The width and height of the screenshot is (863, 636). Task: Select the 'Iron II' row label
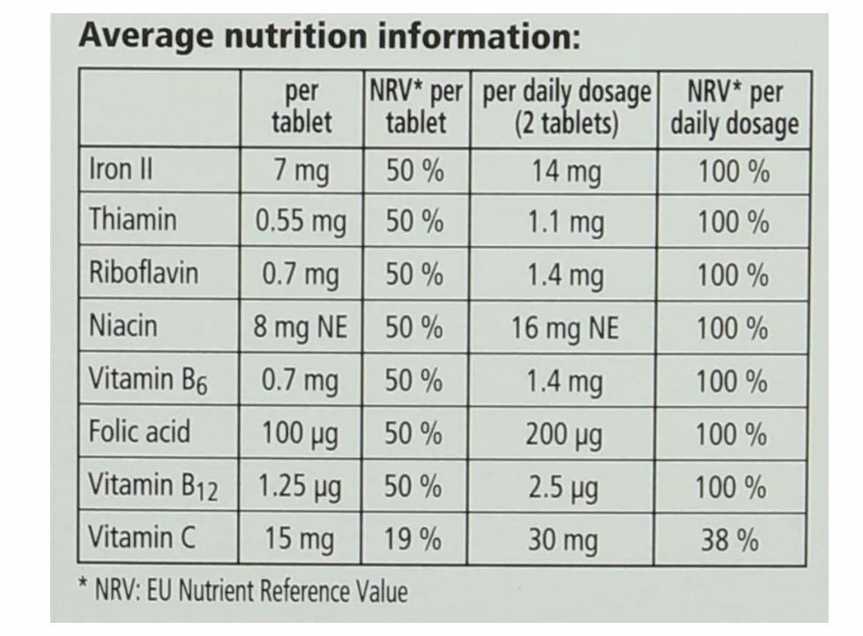point(121,169)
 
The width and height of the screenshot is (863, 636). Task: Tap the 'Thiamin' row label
point(132,220)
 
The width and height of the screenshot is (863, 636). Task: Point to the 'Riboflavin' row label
point(144,273)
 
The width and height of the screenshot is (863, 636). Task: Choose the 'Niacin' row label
point(123,326)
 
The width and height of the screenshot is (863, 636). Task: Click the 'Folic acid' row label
point(139,432)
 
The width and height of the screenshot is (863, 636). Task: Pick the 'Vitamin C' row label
point(142,537)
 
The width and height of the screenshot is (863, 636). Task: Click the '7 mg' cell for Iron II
point(301,170)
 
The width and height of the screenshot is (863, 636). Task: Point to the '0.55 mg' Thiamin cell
point(301,221)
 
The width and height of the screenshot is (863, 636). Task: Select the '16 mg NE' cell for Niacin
point(565,328)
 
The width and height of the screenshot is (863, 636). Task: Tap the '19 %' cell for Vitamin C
point(413,539)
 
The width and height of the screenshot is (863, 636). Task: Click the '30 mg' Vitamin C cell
point(562,540)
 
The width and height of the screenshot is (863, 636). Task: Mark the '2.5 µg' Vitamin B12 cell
point(562,487)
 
